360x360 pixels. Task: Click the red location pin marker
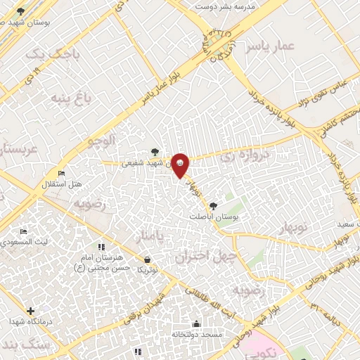(181, 165)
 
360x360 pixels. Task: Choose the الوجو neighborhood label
(101, 141)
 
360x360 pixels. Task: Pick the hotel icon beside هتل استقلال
(62, 173)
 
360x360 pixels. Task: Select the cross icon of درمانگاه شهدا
(30, 311)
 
